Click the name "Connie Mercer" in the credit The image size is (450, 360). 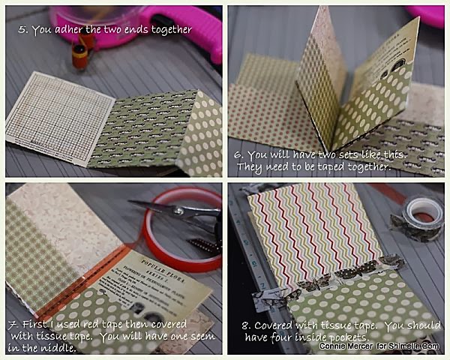click(x=346, y=346)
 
